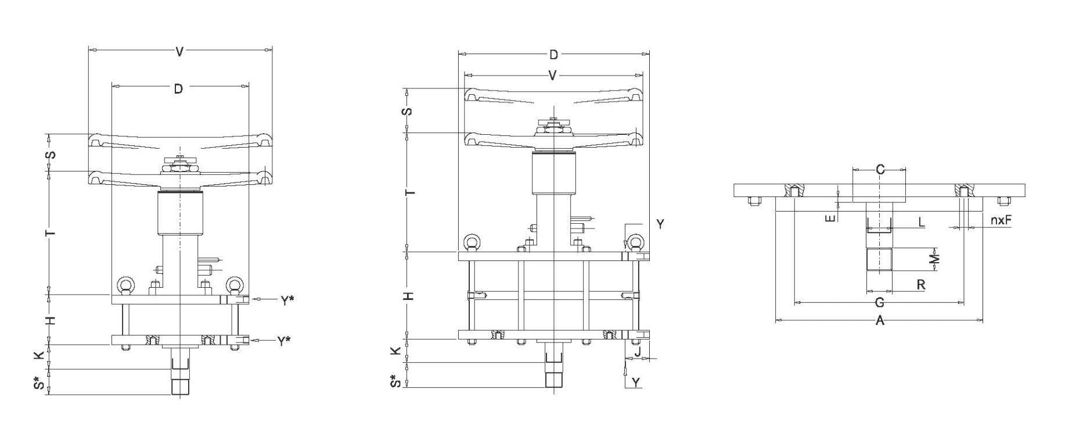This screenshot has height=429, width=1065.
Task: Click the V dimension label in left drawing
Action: tap(179, 52)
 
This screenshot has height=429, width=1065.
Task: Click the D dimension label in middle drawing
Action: tap(553, 55)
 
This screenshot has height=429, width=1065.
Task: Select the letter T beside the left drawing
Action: tap(51, 233)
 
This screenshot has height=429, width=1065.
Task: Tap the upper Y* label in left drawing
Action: tap(287, 301)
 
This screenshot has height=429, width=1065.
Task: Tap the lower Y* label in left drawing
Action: tap(283, 341)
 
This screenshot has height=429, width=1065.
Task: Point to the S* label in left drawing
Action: tap(39, 383)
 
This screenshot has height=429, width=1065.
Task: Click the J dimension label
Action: tap(637, 352)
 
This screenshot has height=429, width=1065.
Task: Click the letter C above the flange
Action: tap(880, 170)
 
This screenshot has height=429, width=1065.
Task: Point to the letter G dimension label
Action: tap(879, 303)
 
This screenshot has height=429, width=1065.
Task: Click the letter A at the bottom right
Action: tap(879, 320)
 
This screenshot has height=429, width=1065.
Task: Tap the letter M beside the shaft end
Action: tap(934, 259)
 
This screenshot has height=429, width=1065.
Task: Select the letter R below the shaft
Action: tap(920, 285)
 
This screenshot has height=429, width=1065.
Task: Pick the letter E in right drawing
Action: tap(830, 217)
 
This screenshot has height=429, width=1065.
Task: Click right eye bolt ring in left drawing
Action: tap(234, 285)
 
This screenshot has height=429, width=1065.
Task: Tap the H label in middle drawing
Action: tap(409, 296)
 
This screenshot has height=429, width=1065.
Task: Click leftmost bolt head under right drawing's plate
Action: tap(753, 202)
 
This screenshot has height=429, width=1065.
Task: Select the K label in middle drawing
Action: tap(395, 351)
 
